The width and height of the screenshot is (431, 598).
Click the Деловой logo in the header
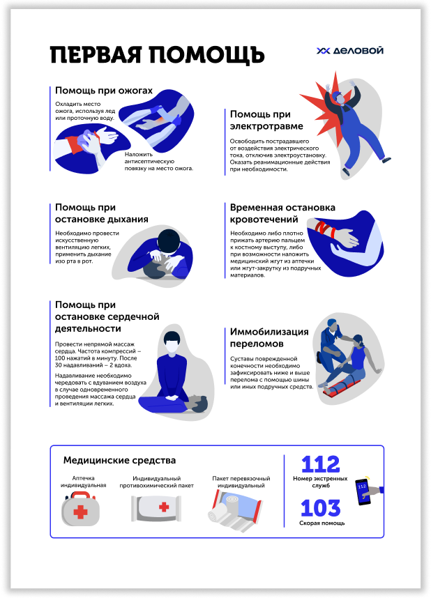click(x=349, y=50)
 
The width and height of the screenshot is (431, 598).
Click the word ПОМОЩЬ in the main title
click(x=206, y=55)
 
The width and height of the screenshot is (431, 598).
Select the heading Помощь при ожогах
click(x=104, y=91)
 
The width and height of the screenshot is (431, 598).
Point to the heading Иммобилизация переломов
click(x=269, y=337)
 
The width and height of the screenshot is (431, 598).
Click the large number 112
click(x=320, y=464)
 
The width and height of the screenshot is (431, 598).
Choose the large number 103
click(x=320, y=508)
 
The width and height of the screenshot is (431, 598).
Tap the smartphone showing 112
click(x=363, y=492)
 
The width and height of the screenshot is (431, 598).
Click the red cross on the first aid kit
click(x=80, y=512)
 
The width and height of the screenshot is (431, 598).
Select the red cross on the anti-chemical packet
click(x=164, y=507)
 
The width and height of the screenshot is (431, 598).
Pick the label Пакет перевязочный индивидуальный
click(x=241, y=482)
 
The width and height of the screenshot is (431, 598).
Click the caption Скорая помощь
click(x=322, y=523)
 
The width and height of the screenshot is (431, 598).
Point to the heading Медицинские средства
click(x=119, y=460)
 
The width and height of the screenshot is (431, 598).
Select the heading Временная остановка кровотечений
click(x=282, y=213)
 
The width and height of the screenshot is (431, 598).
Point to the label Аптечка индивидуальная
click(x=83, y=482)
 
